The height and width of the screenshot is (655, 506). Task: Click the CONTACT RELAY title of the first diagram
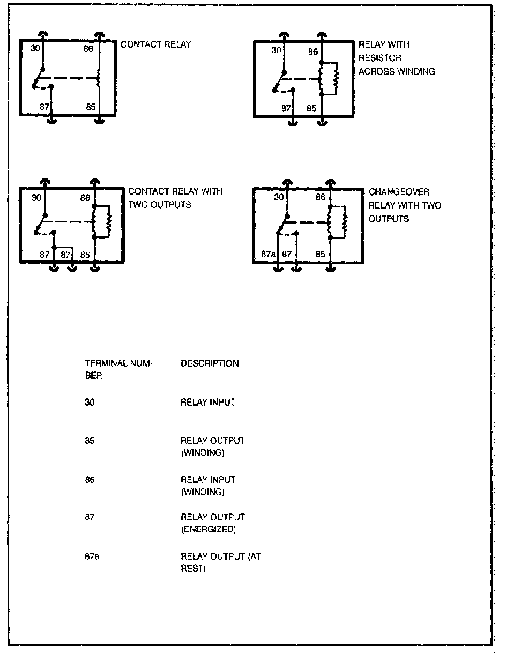[x=155, y=44]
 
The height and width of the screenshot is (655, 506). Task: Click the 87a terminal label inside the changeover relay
[x=268, y=254]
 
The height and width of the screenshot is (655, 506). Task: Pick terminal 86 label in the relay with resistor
[x=312, y=52]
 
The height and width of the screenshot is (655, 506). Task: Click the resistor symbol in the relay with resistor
[x=336, y=79]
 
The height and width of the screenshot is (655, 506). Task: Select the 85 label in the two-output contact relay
[x=85, y=255]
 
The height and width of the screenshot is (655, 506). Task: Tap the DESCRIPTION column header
[x=210, y=363]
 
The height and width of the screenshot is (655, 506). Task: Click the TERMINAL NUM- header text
[x=118, y=363]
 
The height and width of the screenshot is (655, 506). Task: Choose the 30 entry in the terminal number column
[x=90, y=402]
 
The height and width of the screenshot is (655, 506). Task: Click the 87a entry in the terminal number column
[x=92, y=556]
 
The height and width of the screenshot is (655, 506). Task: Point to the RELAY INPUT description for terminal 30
[x=208, y=402]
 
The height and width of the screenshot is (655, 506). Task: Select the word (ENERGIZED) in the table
[x=209, y=530]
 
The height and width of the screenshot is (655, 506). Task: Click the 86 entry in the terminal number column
[x=90, y=480]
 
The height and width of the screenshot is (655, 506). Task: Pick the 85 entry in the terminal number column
[x=90, y=441]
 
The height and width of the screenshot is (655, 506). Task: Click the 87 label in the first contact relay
[x=44, y=107]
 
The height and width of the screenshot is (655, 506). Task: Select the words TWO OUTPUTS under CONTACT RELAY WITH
[x=159, y=205]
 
